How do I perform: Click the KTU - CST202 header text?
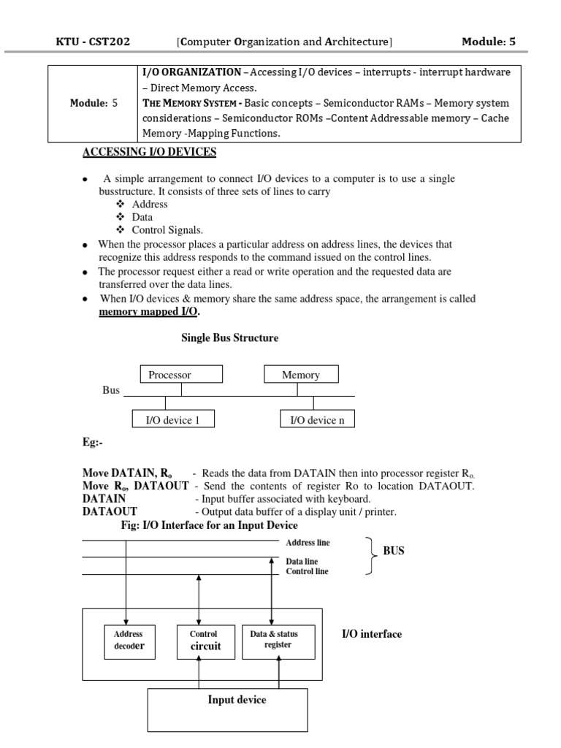point(93,42)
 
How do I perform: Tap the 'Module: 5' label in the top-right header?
point(489,42)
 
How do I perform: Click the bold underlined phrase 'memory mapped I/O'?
point(148,312)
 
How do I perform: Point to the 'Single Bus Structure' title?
point(229,338)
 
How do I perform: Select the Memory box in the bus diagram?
point(301,375)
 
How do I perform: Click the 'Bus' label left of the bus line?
point(111,391)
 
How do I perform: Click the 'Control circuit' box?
point(204,640)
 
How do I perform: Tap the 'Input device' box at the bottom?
point(237,701)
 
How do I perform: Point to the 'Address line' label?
point(307,543)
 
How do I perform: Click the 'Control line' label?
point(307,571)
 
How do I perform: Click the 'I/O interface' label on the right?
point(371,634)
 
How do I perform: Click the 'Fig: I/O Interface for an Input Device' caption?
point(209,525)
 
